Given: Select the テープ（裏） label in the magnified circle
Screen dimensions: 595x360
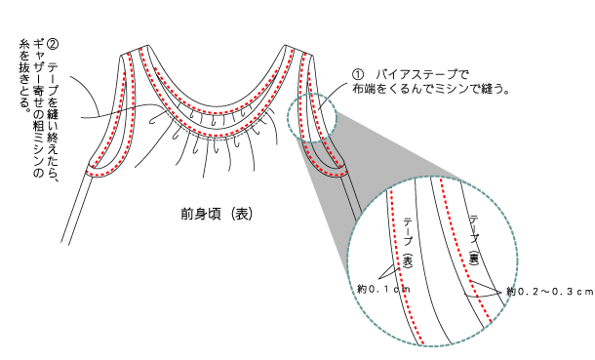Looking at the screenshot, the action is [473, 237].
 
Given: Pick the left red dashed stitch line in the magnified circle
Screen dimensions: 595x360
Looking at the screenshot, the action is [401, 263].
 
